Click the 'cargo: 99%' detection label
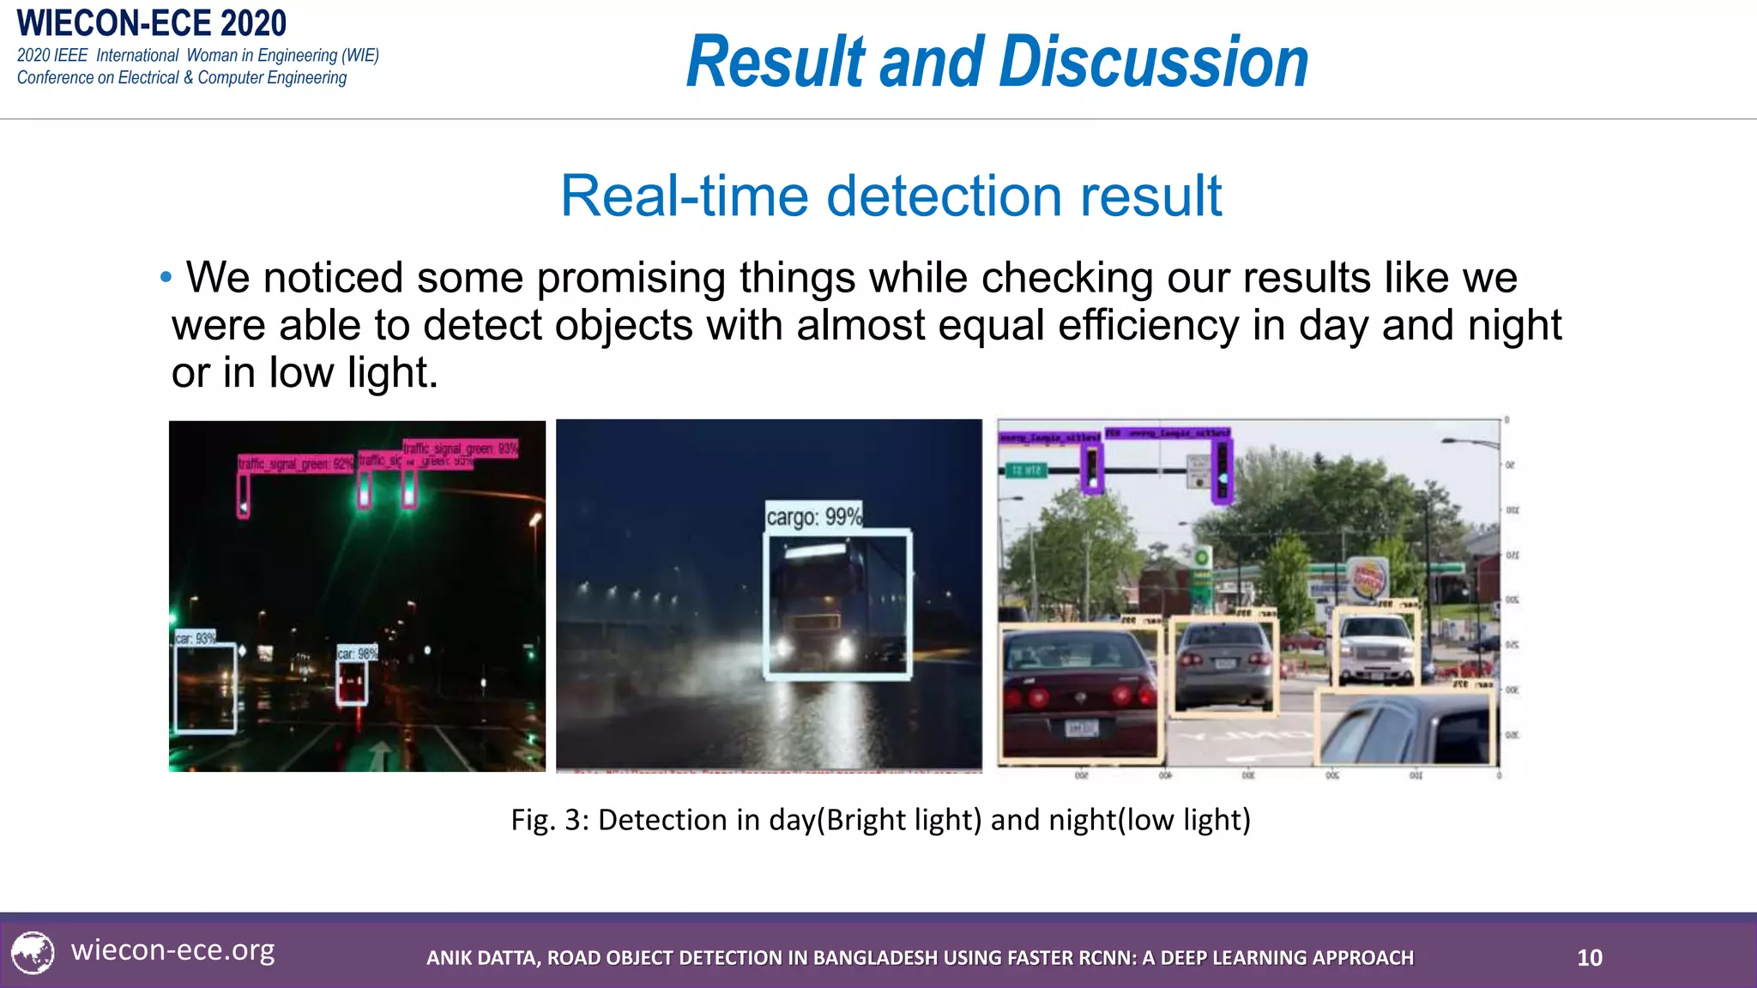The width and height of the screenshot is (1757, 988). point(813,516)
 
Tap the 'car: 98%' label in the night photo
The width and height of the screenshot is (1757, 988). point(357,654)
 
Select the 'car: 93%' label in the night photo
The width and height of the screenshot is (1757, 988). point(196,638)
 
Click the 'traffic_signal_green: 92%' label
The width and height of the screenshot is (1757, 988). point(295,464)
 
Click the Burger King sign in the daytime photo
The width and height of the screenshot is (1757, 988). point(1368,579)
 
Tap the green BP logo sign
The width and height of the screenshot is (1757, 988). point(1202,557)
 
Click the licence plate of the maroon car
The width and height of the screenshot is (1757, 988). point(1080,728)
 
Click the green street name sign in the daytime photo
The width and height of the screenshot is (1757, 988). point(1026,471)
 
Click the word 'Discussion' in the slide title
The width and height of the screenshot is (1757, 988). point(1154,62)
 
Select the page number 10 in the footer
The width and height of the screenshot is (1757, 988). point(1590,957)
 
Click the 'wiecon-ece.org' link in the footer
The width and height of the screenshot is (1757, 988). point(172,950)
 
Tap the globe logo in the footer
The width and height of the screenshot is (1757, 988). point(33,952)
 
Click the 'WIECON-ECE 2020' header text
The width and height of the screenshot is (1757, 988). point(152,23)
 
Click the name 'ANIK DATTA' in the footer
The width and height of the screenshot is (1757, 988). point(482,958)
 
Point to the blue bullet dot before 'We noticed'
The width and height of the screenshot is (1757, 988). point(166,277)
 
